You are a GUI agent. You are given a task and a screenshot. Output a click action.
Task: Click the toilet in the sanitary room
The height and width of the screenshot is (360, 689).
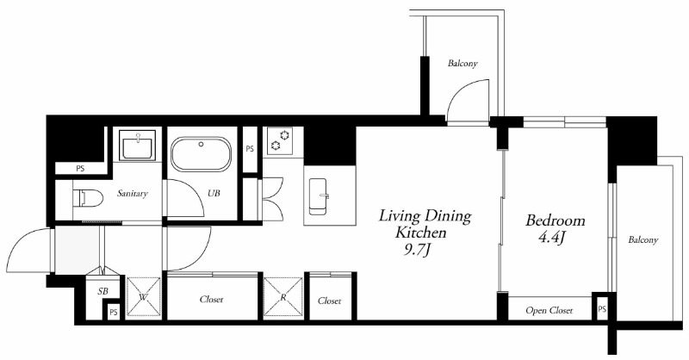point(88,198)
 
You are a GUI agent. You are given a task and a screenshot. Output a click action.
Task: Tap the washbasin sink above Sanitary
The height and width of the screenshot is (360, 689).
point(137,145)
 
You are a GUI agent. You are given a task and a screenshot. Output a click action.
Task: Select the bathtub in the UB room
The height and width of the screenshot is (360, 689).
point(201,154)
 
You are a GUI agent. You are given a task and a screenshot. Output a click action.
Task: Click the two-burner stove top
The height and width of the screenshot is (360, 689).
point(280,141)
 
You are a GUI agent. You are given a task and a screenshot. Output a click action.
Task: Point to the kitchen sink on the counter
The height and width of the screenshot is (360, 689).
point(319,196)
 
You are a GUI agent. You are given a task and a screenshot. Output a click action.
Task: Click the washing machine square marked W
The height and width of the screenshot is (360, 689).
point(143,297)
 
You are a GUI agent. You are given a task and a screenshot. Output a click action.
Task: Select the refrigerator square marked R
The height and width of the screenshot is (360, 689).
point(283,297)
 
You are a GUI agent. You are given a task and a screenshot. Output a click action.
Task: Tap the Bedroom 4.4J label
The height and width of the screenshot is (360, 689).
point(556,228)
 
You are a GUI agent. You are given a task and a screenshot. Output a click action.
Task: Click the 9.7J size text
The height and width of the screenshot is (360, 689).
point(417,250)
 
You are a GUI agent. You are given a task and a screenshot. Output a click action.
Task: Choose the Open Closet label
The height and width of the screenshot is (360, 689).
point(549,310)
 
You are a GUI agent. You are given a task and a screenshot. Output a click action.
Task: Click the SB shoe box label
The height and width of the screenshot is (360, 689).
point(102,291)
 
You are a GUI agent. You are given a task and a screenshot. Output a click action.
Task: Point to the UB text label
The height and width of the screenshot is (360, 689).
point(214,193)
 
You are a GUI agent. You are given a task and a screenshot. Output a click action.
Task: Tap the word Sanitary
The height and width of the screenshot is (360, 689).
point(133,193)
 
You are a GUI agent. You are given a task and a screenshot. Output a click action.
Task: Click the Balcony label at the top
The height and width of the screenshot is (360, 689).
point(462,63)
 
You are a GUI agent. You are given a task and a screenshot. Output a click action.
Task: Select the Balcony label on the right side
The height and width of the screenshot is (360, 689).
point(642,240)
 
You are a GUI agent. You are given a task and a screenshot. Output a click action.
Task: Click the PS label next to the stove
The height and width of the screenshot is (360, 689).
point(250,149)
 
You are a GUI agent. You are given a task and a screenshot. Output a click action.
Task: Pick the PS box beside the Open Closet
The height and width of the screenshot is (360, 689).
point(602,308)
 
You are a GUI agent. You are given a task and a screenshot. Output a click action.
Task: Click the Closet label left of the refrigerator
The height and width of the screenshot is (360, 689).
point(211,300)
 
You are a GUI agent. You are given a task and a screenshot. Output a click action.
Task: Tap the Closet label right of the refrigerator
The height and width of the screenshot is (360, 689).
point(330,301)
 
